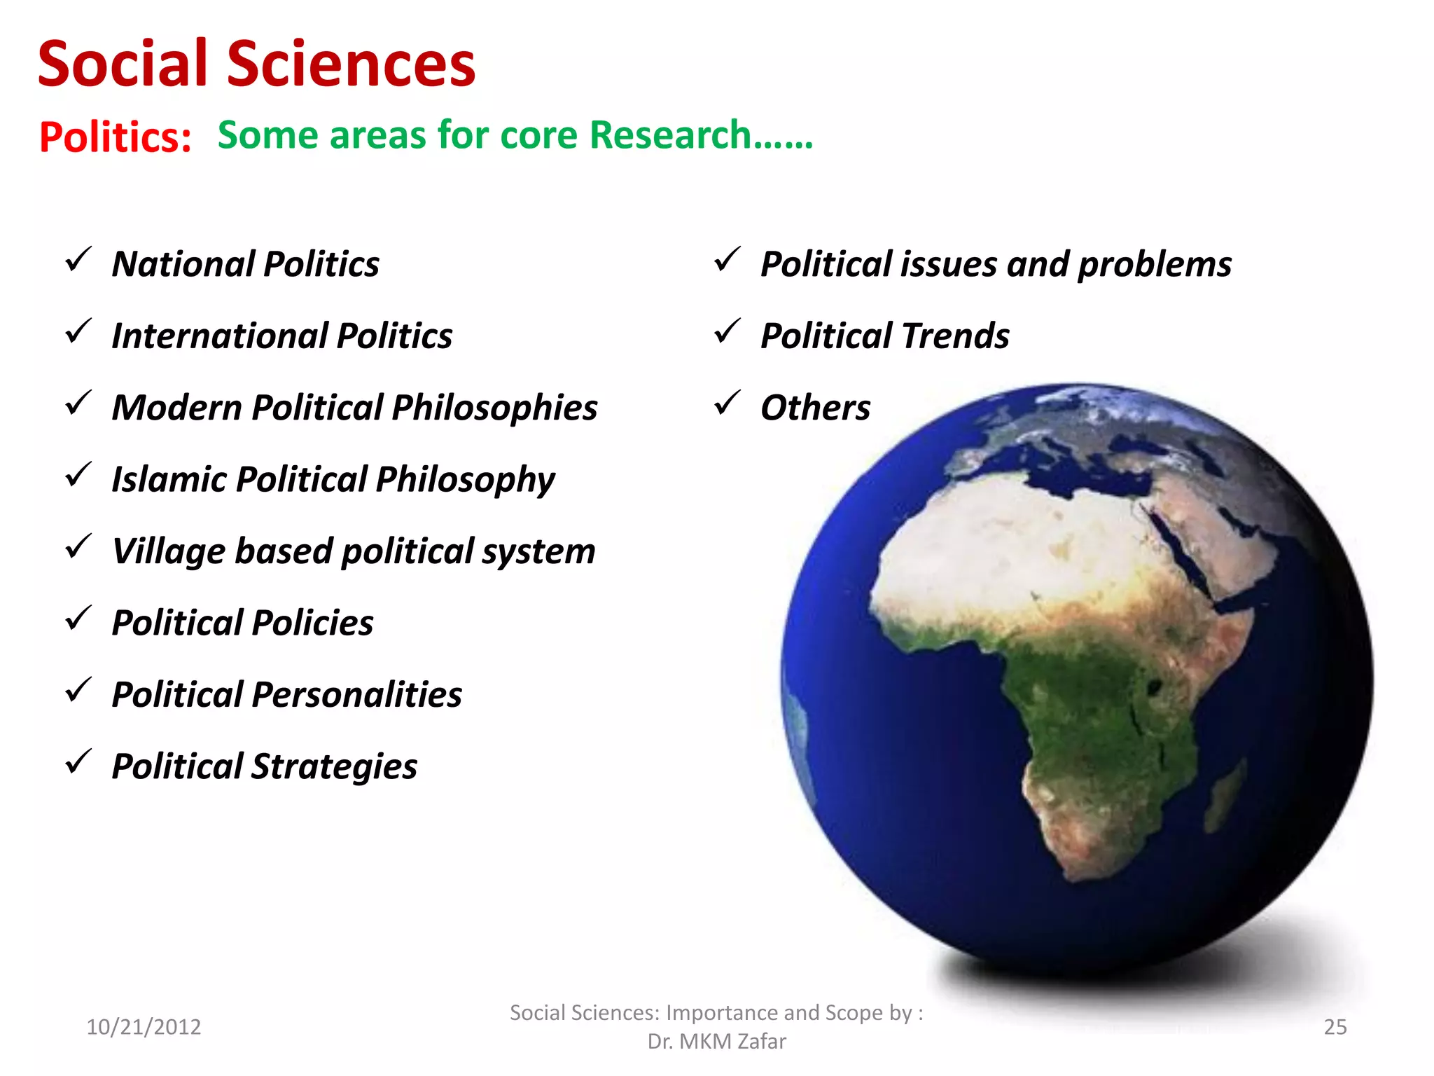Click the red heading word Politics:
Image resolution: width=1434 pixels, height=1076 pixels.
coord(116,137)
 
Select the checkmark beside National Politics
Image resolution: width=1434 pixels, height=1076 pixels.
coord(78,261)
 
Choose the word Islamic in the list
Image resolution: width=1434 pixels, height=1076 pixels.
coord(168,480)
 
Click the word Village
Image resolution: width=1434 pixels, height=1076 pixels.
coord(167,551)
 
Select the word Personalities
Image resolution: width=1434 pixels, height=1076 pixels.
coord(356,695)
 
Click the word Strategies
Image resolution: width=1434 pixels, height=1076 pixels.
coord(334,767)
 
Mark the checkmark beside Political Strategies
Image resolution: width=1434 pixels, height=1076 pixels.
coord(78,762)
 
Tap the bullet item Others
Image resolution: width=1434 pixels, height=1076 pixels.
coord(815,408)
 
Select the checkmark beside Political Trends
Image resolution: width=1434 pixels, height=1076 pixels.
coord(727,332)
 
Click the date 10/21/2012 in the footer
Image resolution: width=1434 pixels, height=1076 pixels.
coord(144,1027)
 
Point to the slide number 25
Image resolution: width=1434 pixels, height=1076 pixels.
coord(1335,1027)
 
